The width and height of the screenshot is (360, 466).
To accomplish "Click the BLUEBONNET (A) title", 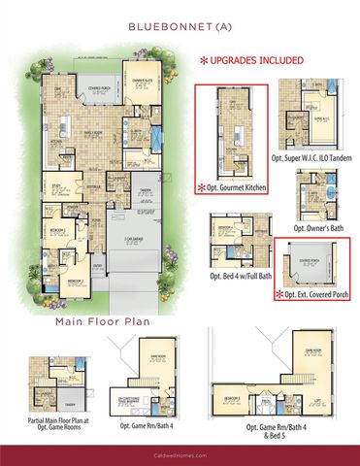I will coord(180,26).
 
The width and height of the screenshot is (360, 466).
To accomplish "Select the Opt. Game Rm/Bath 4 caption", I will coord(147,425).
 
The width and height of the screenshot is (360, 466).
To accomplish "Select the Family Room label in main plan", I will coord(93,132).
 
